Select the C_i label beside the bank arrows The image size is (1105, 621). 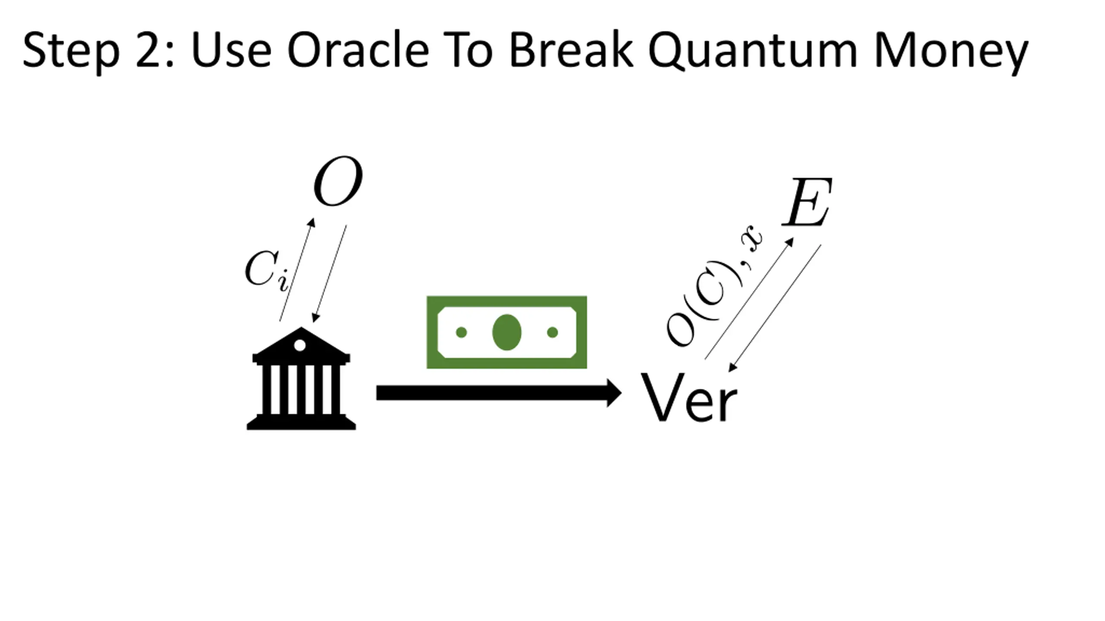265,270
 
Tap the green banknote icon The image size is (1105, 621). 507,332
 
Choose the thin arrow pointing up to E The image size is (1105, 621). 749,298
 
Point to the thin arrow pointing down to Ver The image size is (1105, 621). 775,307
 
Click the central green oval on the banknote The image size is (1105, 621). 507,332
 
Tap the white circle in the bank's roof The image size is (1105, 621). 300,345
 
